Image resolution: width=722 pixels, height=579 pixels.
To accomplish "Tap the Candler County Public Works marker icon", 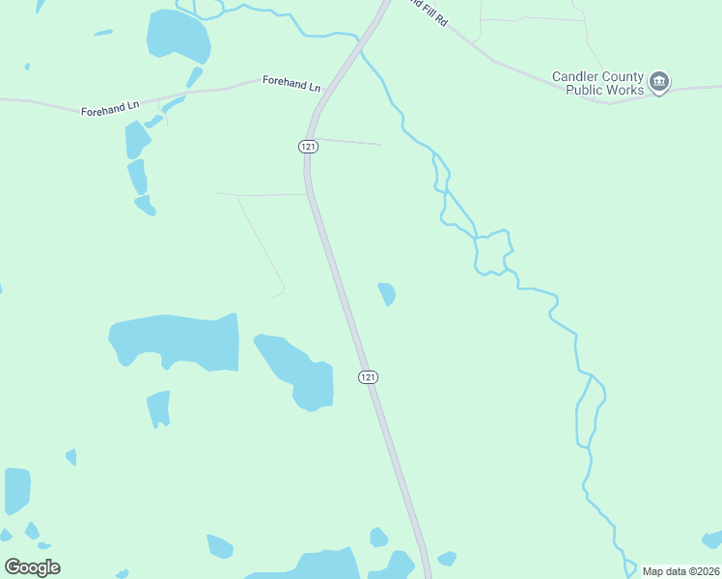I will pyautogui.click(x=659, y=82).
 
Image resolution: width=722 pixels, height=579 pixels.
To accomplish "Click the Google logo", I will pyautogui.click(x=32, y=567).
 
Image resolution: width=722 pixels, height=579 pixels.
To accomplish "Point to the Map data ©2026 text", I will pyautogui.click(x=680, y=571).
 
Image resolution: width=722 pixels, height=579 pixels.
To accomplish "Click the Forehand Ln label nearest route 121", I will pyautogui.click(x=291, y=84).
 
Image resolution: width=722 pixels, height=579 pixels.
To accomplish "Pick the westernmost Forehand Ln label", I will pyautogui.click(x=110, y=111).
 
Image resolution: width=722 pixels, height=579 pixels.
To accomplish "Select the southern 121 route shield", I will pyautogui.click(x=368, y=376).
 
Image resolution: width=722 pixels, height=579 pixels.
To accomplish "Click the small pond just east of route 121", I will pyautogui.click(x=387, y=293).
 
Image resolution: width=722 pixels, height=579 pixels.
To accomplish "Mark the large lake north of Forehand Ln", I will pyautogui.click(x=178, y=37).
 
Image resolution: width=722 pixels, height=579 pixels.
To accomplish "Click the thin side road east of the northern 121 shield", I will pyautogui.click(x=348, y=142).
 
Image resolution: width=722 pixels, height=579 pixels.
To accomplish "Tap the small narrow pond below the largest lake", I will pyautogui.click(x=159, y=407).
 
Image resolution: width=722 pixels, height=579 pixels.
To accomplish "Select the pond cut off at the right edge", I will pyautogui.click(x=712, y=538).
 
